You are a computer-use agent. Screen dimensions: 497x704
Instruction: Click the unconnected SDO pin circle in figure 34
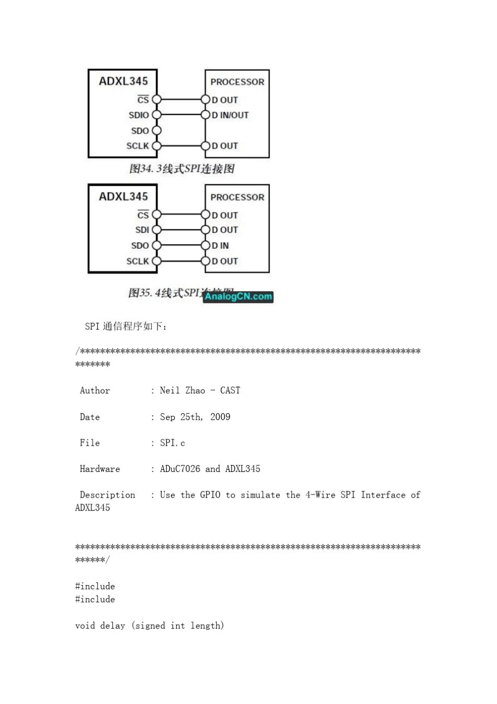click(x=156, y=130)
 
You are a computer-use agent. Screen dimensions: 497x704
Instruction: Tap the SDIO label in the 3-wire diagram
click(x=139, y=115)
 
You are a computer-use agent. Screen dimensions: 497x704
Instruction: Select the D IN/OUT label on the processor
click(x=230, y=115)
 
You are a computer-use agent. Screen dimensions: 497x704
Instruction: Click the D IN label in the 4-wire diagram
click(x=220, y=246)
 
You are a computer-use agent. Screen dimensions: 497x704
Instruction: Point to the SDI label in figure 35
click(x=142, y=230)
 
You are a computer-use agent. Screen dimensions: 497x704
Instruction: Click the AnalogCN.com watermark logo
click(x=238, y=296)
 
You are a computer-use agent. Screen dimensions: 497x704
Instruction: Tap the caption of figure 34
click(x=182, y=169)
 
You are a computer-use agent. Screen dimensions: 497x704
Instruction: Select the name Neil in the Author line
click(x=170, y=390)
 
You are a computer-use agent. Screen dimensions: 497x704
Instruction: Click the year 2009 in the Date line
click(x=220, y=417)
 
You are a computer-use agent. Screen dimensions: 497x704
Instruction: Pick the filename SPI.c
click(x=172, y=443)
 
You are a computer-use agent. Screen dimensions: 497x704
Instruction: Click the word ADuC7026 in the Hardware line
click(x=180, y=469)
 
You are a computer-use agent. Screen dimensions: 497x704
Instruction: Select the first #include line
click(x=95, y=586)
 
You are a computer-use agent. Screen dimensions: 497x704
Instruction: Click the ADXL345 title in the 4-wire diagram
click(x=123, y=196)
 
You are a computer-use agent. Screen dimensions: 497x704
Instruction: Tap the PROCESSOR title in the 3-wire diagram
click(x=237, y=82)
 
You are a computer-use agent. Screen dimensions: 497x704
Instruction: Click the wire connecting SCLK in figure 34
click(x=181, y=146)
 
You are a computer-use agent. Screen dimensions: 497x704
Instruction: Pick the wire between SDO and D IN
click(x=181, y=246)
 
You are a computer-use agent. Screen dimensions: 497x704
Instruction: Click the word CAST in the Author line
click(x=230, y=390)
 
